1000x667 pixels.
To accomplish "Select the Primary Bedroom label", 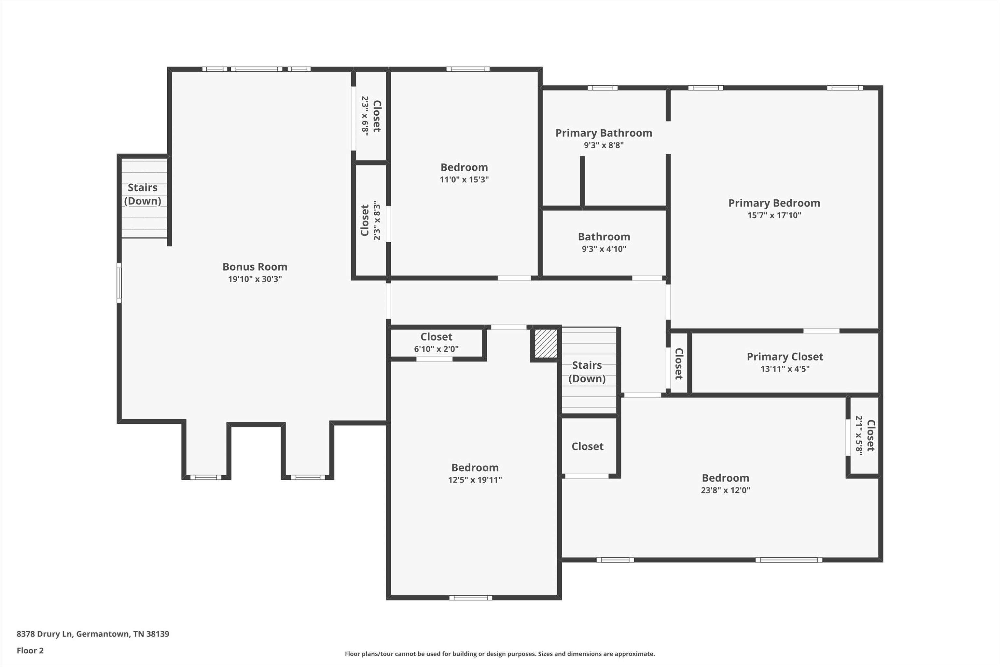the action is coord(774,203).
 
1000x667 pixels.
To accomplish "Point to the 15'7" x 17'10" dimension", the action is coord(774,215).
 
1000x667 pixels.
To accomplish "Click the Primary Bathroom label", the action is coord(604,133).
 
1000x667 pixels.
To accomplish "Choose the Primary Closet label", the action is coord(785,357).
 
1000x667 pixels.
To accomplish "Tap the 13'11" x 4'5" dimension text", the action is coord(785,369).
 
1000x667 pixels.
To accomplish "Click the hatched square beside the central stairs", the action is coord(546,343).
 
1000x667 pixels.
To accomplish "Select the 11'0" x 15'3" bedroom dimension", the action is coord(464,179).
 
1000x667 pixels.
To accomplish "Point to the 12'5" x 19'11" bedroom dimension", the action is coord(475,480).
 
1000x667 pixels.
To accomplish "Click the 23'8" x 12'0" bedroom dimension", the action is coord(725,490).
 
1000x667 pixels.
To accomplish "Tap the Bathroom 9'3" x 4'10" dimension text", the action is coord(604,249).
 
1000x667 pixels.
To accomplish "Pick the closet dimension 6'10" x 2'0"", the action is coord(436,349).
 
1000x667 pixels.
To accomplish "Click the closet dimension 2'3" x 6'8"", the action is coord(365,116).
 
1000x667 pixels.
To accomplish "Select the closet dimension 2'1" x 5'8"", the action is coord(859,435).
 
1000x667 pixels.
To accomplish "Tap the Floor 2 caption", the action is coord(30,650).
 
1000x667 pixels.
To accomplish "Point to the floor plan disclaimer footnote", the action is coord(500,654).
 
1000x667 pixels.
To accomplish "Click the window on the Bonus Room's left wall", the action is coord(119,283).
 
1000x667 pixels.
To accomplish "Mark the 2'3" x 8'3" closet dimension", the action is coord(377,220).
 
